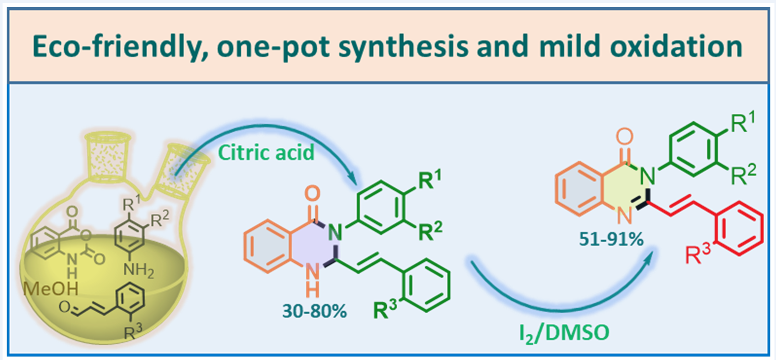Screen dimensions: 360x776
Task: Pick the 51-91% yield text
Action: [615, 239]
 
